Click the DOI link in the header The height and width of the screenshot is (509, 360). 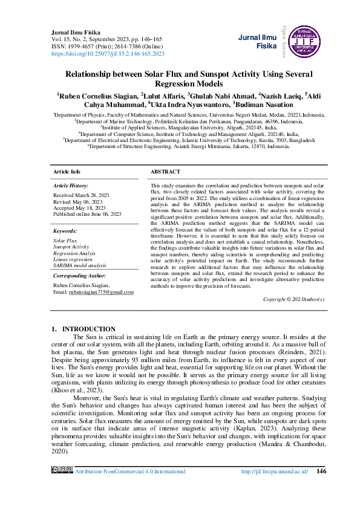tap(108, 54)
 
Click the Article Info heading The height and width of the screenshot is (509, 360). tap(67, 172)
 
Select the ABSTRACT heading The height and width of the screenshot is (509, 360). tap(165, 172)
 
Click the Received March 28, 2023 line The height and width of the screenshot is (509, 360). tap(82, 196)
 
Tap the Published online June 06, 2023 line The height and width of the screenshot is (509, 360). tap(87, 214)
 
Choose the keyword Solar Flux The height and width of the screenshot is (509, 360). tap(65, 241)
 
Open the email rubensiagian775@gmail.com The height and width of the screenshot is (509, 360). tap(102, 292)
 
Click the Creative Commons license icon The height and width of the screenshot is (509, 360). tap(62, 470)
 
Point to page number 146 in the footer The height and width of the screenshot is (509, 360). tap(322, 471)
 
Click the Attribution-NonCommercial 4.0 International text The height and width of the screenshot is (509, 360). tap(130, 471)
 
